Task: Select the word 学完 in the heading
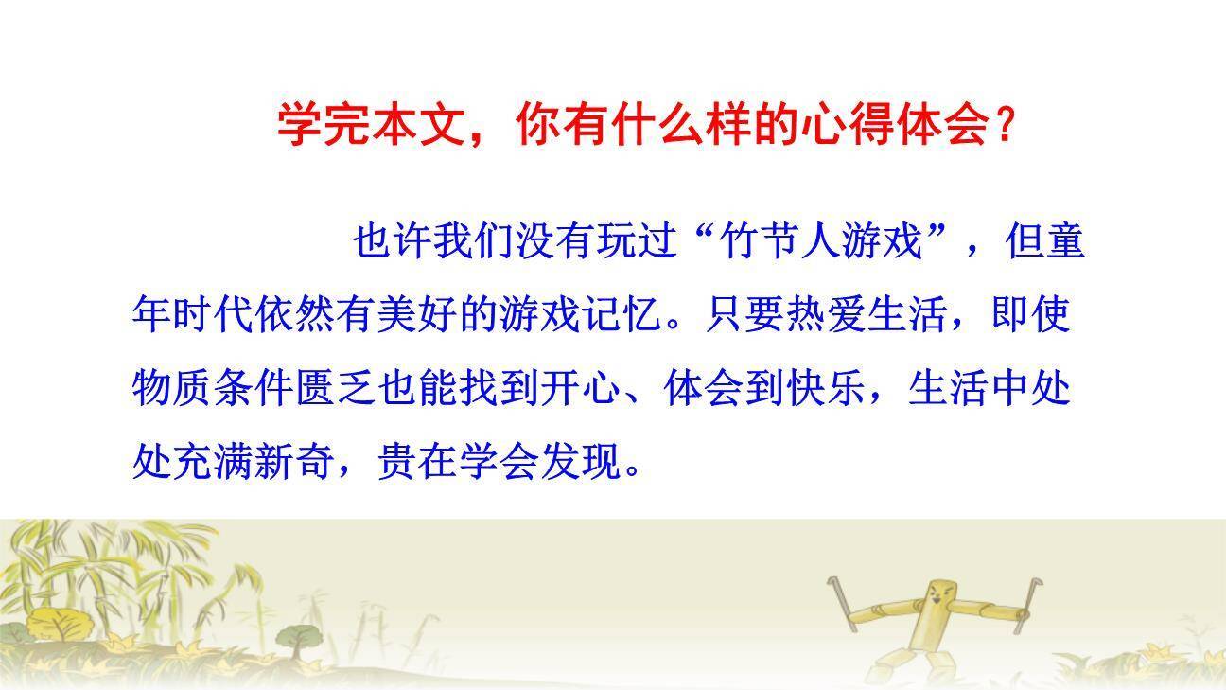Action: pyautogui.click(x=317, y=124)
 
